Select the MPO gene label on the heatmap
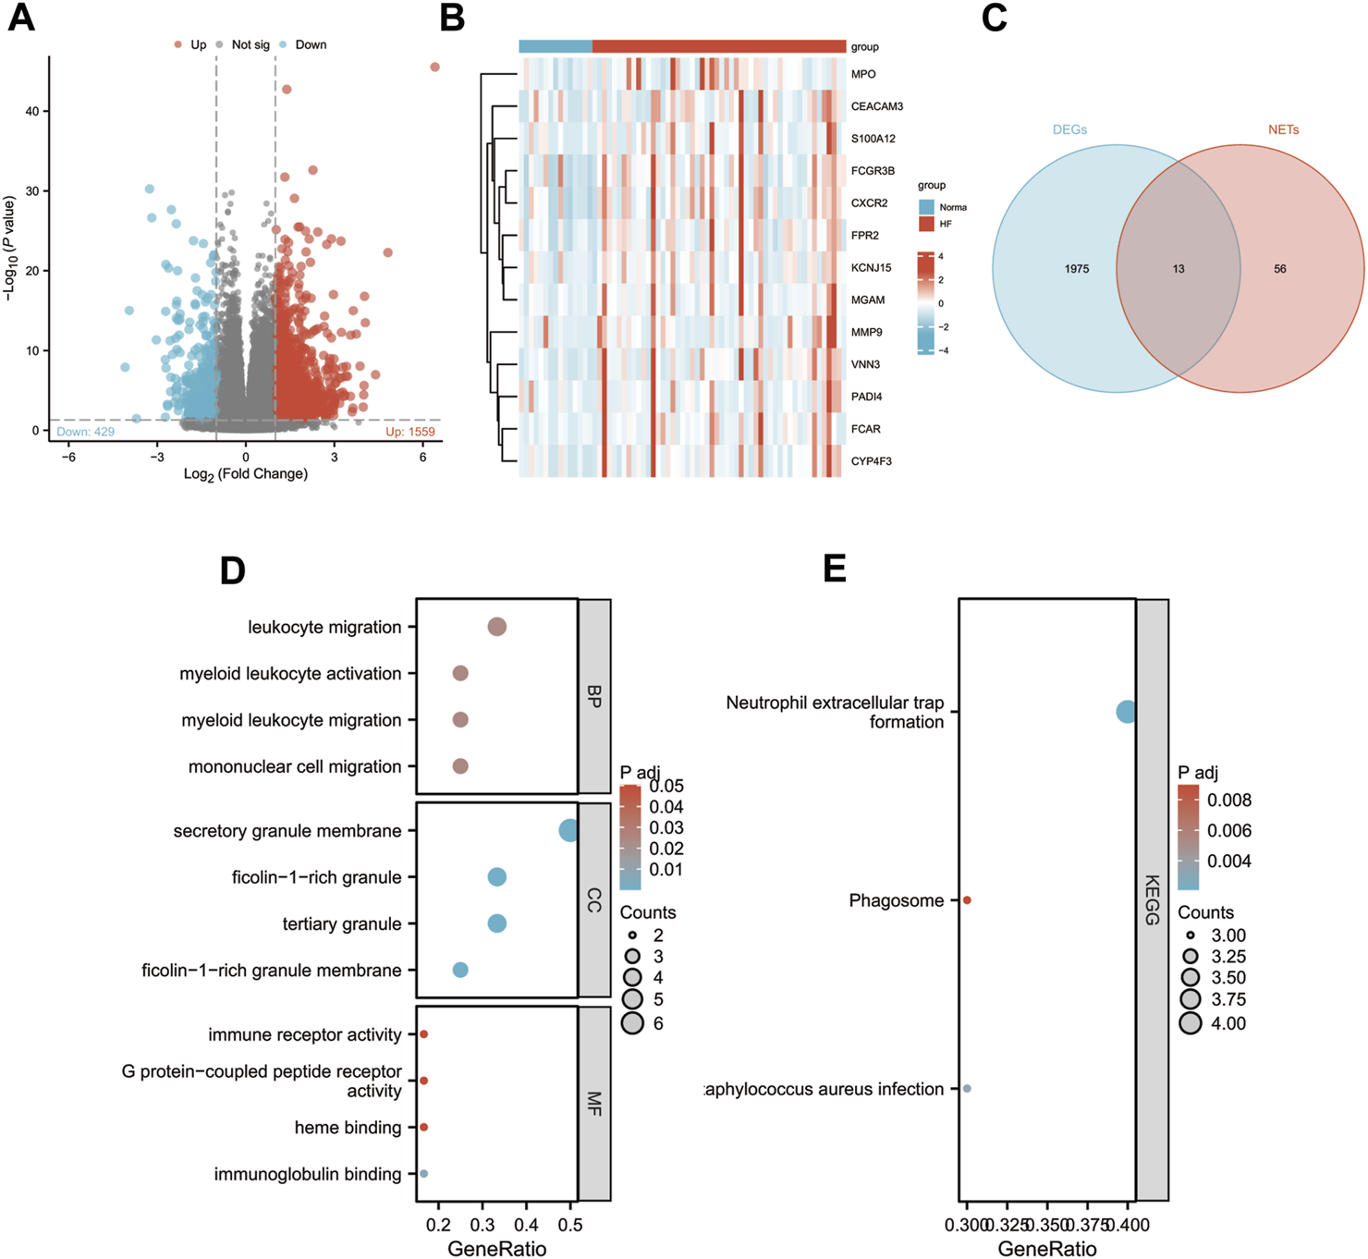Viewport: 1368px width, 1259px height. pyautogui.click(x=863, y=74)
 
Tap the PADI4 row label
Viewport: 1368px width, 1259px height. pyautogui.click(x=866, y=397)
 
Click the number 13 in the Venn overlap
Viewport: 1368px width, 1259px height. pyautogui.click(x=1178, y=269)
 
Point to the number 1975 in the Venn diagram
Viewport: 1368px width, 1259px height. pyautogui.click(x=1076, y=269)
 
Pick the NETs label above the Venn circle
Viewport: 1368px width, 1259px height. pyautogui.click(x=1283, y=129)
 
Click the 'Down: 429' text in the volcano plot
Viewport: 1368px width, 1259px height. pyautogui.click(x=86, y=432)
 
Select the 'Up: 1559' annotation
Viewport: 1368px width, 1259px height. pyautogui.click(x=409, y=432)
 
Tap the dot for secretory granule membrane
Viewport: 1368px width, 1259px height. pyautogui.click(x=569, y=830)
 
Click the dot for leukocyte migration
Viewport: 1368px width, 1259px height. pyautogui.click(x=496, y=627)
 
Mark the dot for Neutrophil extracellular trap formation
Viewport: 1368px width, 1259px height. pyautogui.click(x=1126, y=712)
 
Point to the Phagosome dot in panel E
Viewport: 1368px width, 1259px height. pyautogui.click(x=967, y=900)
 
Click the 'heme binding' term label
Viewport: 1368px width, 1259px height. pyautogui.click(x=348, y=1128)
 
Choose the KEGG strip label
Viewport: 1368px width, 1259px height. pyautogui.click(x=1152, y=899)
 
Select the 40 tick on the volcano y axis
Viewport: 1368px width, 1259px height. pyautogui.click(x=32, y=111)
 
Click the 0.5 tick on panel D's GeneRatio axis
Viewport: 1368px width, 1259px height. pyautogui.click(x=570, y=1225)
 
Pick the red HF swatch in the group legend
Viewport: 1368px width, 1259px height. pyautogui.click(x=926, y=224)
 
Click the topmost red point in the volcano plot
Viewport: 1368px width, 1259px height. pyautogui.click(x=434, y=67)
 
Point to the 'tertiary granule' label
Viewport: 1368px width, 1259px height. pyautogui.click(x=342, y=923)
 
